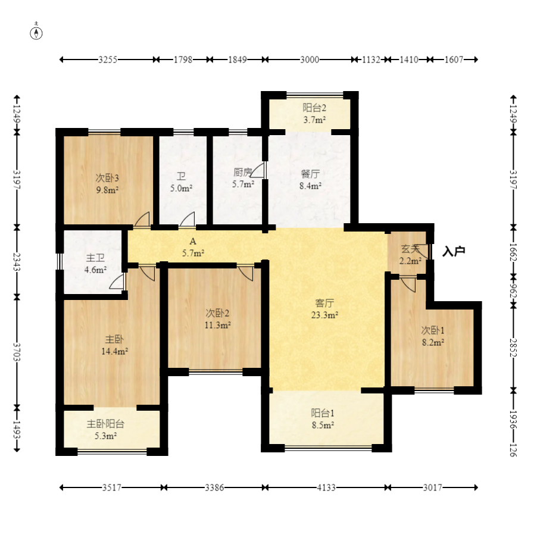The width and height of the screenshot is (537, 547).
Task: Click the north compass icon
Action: point(36,33)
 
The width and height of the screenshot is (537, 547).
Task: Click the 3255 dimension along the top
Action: point(108,60)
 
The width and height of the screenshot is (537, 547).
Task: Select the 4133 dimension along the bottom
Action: point(326,487)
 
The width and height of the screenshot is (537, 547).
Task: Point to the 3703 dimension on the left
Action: point(17,352)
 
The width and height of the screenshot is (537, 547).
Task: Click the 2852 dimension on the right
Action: point(513,348)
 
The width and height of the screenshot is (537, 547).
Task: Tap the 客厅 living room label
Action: point(324,303)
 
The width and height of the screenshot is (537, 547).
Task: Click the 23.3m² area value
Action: point(324,315)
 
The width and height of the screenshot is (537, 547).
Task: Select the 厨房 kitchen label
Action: point(242,172)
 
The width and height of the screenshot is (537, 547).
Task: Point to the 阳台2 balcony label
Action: point(314,108)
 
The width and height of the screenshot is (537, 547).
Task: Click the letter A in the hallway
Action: point(193,241)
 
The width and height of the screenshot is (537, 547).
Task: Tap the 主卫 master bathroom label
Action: point(95,258)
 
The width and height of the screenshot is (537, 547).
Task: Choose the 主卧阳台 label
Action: point(105,424)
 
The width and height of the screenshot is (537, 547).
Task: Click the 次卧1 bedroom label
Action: point(433,330)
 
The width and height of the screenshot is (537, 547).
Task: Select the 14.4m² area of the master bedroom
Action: point(114,351)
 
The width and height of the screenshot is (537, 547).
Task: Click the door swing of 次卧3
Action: point(142,219)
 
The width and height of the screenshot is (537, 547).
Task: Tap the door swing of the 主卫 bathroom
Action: point(117,282)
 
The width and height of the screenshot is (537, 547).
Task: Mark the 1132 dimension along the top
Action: point(370,60)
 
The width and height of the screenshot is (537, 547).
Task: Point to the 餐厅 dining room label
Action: point(310,173)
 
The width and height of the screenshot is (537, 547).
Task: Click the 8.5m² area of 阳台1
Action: point(323,425)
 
